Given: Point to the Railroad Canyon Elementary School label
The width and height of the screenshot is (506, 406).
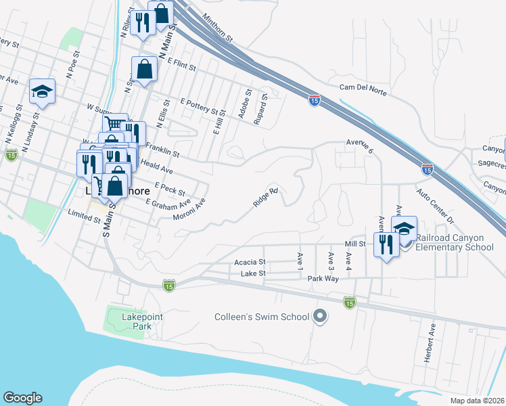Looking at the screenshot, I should coord(455,242).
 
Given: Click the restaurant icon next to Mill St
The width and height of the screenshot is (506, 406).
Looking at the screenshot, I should coord(386,246).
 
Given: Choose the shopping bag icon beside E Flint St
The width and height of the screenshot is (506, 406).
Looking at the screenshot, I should coord(144,70).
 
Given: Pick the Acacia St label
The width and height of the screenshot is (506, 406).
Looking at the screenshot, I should coord(250,261).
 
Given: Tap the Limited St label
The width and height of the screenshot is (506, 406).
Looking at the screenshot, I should coord(85,216).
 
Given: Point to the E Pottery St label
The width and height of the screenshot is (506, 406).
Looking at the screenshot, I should coord(202,106).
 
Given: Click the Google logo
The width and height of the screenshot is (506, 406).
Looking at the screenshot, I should coord(22,398).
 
